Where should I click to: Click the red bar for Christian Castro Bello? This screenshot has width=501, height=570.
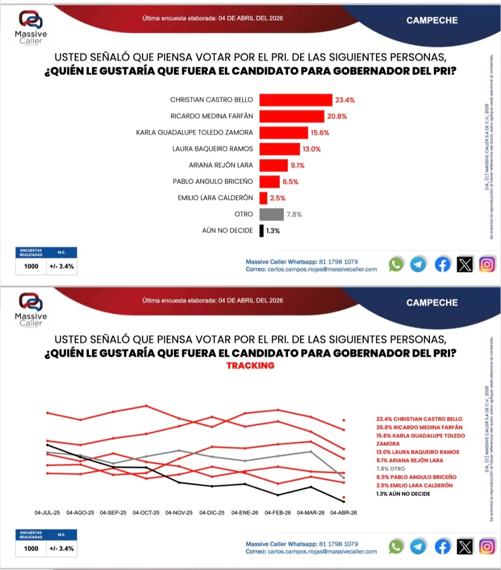click(295, 100)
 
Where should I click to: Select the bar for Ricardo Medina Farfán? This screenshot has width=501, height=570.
click(291, 116)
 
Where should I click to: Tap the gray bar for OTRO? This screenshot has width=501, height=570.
click(271, 214)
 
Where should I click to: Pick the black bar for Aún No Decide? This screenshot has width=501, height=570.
click(262, 231)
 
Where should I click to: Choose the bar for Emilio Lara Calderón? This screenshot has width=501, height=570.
click(263, 198)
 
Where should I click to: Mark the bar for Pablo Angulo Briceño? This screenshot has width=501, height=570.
click(269, 181)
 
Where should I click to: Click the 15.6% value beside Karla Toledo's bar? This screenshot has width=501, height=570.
click(320, 133)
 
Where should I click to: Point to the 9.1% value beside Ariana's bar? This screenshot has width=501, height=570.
click(298, 165)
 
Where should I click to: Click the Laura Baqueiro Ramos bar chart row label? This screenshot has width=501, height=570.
click(212, 149)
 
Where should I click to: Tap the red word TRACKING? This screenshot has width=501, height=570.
click(250, 365)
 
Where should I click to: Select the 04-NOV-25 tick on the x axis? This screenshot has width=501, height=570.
click(179, 513)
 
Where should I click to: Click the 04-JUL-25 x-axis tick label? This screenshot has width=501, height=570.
click(47, 513)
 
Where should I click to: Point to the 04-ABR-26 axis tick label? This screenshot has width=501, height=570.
click(343, 513)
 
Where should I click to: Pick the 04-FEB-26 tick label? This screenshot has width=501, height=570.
click(278, 513)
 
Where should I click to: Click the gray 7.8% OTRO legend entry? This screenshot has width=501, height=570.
click(391, 469)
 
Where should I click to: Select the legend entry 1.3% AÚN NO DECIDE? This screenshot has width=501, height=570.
click(403, 494)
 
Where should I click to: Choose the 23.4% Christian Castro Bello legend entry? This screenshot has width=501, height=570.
click(419, 419)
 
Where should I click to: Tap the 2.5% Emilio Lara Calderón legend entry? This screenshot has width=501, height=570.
click(414, 486)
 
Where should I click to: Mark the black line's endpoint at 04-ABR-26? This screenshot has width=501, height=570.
click(344, 502)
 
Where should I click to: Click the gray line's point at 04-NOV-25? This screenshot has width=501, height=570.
click(179, 450)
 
